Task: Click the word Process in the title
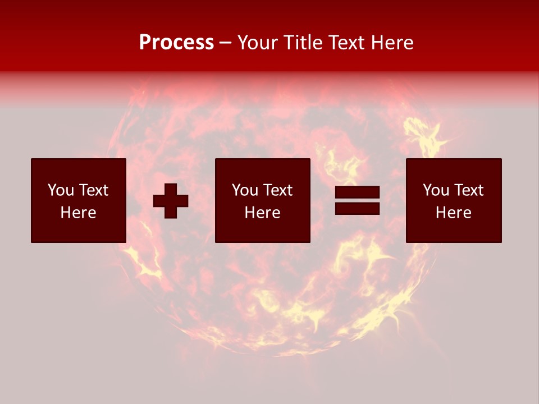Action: pyautogui.click(x=176, y=43)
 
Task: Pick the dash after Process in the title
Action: pyautogui.click(x=226, y=43)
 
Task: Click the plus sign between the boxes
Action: pyautogui.click(x=171, y=200)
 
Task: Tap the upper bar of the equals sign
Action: pyautogui.click(x=357, y=193)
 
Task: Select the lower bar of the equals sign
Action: pyautogui.click(x=357, y=208)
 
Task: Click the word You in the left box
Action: pyautogui.click(x=61, y=190)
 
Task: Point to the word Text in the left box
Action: pyautogui.click(x=94, y=190)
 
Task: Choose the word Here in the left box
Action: pyautogui.click(x=78, y=213)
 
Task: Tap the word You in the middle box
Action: pyautogui.click(x=245, y=190)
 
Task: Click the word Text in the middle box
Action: pyautogui.click(x=278, y=190)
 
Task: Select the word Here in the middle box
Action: pyautogui.click(x=262, y=213)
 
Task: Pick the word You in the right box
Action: pyautogui.click(x=436, y=190)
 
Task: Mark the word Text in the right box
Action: pyautogui.click(x=469, y=190)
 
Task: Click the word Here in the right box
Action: pyautogui.click(x=453, y=213)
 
